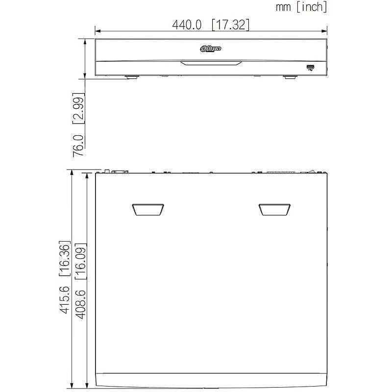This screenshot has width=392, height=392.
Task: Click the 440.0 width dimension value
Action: (x=187, y=25)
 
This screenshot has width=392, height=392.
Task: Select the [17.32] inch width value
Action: (x=230, y=25)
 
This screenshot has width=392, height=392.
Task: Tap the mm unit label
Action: (x=283, y=7)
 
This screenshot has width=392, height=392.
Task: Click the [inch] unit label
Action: (x=312, y=7)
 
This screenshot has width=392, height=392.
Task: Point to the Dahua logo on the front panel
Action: (x=211, y=48)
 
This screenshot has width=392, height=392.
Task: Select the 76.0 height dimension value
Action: (x=78, y=146)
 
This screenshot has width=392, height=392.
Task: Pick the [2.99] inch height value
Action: (x=78, y=108)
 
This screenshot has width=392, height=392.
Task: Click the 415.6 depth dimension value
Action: (x=65, y=300)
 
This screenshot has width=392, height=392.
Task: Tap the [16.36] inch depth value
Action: (x=65, y=259)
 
